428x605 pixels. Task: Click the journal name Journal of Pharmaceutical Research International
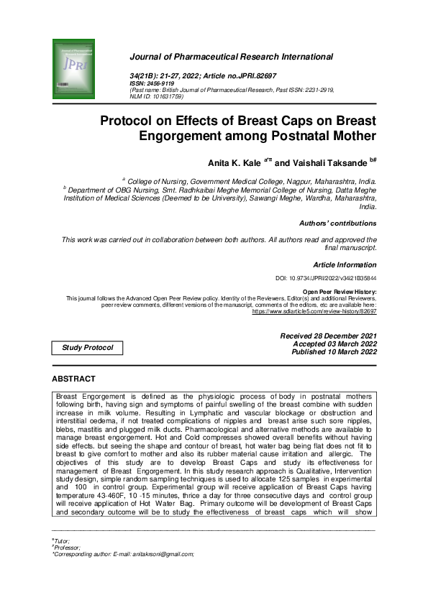[x=231, y=56]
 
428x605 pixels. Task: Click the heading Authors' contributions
[x=337, y=223]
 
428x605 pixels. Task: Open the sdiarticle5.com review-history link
[x=314, y=313]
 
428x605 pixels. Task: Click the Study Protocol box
[x=87, y=348]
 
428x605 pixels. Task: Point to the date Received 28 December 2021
[x=328, y=336]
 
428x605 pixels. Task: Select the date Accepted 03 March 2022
[x=331, y=344]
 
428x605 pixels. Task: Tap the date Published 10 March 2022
[x=334, y=352]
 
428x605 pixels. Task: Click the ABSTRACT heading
[x=73, y=378]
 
